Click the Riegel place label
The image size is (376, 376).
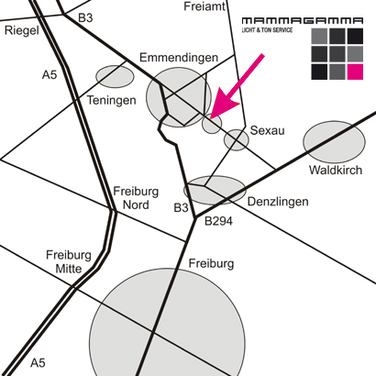22,30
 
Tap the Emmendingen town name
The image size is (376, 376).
179,58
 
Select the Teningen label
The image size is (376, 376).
112,100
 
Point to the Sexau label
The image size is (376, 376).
268,130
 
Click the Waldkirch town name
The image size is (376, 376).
336,170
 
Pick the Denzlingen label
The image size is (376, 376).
278,202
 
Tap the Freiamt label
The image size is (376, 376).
205,6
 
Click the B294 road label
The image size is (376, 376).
218,221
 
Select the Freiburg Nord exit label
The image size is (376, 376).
136,198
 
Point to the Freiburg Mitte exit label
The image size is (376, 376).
69,262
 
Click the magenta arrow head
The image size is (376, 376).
223,104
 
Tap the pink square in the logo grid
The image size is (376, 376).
355,72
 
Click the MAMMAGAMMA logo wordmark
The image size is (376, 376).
303,21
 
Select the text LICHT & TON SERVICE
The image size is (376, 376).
267,30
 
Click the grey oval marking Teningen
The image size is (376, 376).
115,76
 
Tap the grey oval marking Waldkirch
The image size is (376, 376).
334,142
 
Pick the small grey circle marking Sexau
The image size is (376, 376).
237,139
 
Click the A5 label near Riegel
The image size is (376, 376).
50,74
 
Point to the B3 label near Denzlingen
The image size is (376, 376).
181,208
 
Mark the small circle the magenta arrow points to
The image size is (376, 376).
212,124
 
